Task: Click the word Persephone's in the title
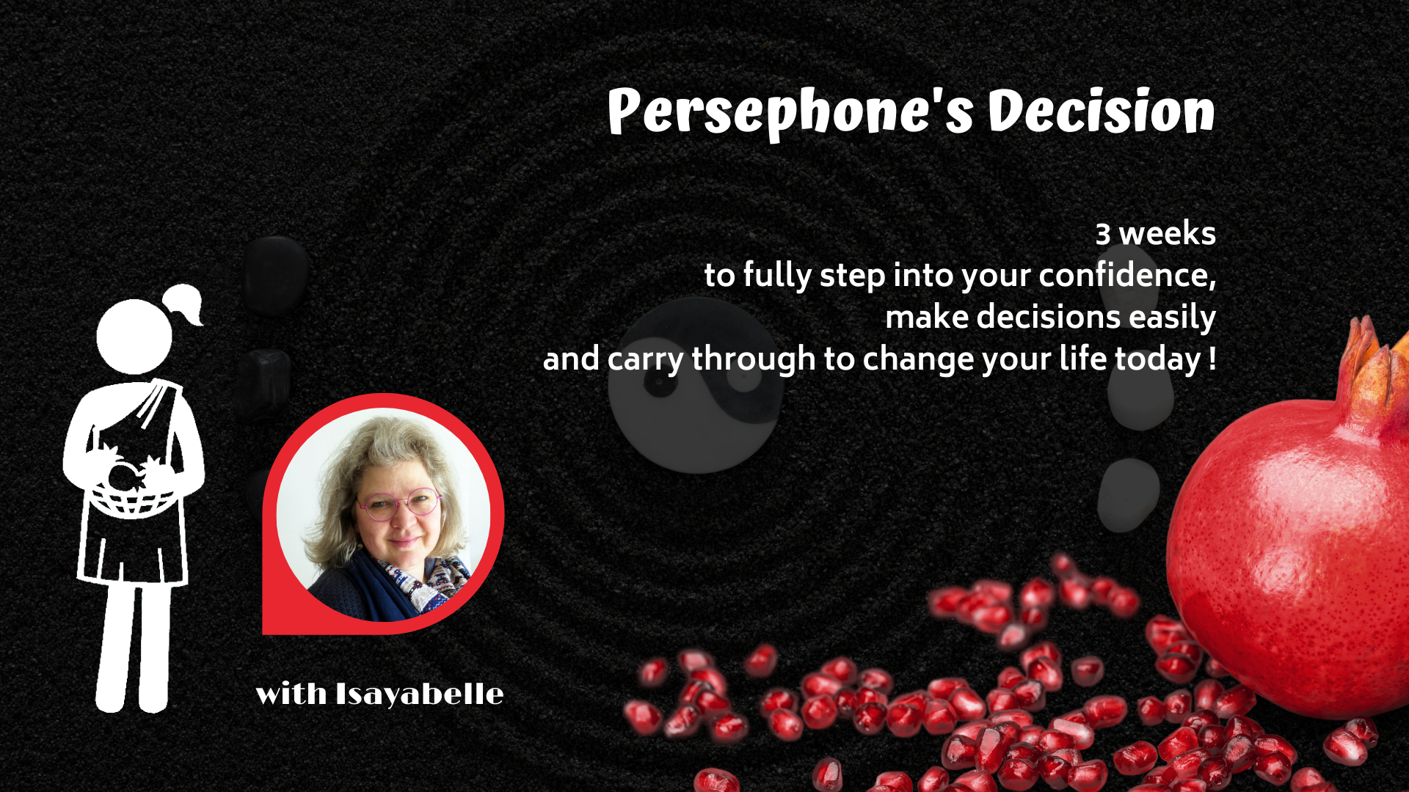pyautogui.click(x=790, y=112)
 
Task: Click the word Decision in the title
pyautogui.click(x=1102, y=111)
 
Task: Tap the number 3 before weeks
pyautogui.click(x=1103, y=235)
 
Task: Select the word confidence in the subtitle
pyautogui.click(x=1127, y=275)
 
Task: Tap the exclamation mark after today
pyautogui.click(x=1212, y=359)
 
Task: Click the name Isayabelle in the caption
pyautogui.click(x=420, y=694)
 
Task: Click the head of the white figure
pyautogui.click(x=134, y=337)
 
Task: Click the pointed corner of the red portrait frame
pyautogui.click(x=263, y=633)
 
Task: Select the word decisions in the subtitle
pyautogui.click(x=1049, y=318)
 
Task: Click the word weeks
pyautogui.click(x=1167, y=234)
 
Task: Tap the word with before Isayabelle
pyautogui.click(x=291, y=694)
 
